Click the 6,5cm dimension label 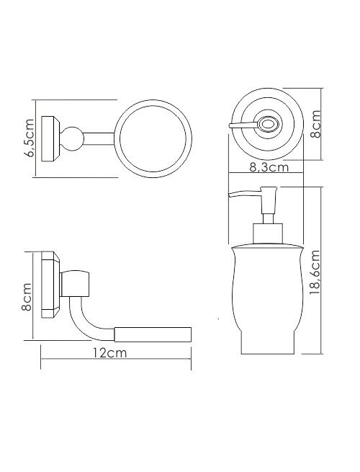pyautogui.click(x=30, y=138)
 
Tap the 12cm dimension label pyautogui.click(x=109, y=353)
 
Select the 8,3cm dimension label pyautogui.click(x=269, y=167)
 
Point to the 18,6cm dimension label pyautogui.click(x=315, y=272)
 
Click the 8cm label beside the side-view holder pyautogui.click(x=27, y=297)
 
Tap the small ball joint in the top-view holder pyautogui.click(x=72, y=138)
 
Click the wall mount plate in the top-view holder pyautogui.click(x=50, y=138)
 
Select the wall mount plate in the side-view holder pyautogui.click(x=50, y=285)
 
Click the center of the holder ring pyautogui.click(x=153, y=138)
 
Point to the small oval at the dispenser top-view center pyautogui.click(x=267, y=124)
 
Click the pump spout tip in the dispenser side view pyautogui.click(x=230, y=195)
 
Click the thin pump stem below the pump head pyautogui.click(x=269, y=218)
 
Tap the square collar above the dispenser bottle pyautogui.click(x=269, y=233)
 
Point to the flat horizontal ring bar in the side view pyautogui.click(x=153, y=334)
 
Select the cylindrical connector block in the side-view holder pyautogui.click(x=75, y=284)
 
